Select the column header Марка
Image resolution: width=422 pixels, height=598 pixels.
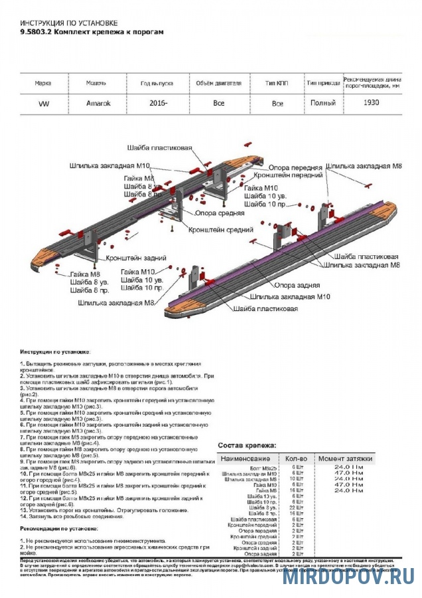43,84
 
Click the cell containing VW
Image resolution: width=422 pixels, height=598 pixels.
43,104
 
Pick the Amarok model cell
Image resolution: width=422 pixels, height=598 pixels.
99,104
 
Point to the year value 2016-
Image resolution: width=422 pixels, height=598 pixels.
158,104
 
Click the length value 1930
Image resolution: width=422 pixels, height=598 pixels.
372,104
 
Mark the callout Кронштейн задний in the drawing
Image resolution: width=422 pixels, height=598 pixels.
135,257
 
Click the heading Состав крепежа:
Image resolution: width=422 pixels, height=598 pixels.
247,445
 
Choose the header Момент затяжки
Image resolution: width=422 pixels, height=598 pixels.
345,458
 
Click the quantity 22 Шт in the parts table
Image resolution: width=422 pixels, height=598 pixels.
297,508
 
